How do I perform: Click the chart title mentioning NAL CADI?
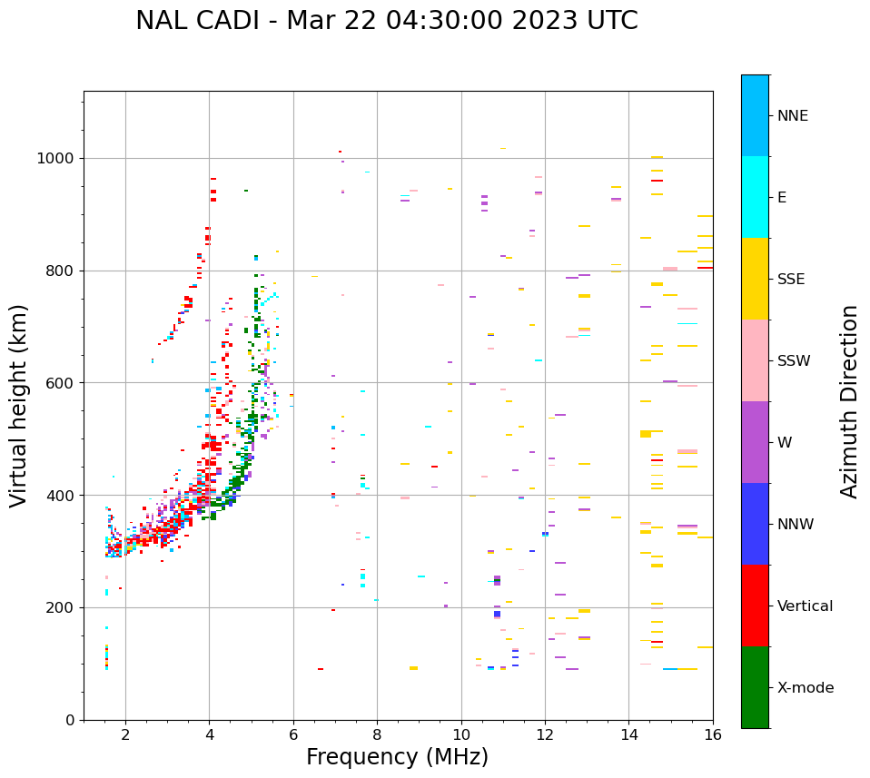point(386,21)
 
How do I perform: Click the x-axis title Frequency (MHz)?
point(397,757)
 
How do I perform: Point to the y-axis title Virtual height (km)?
point(19,406)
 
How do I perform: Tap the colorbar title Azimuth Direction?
point(849,401)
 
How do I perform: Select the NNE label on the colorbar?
point(792,116)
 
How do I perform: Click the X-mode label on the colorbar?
point(805,688)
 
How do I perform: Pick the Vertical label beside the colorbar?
point(805,606)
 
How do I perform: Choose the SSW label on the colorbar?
point(793,361)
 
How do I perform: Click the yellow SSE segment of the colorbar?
point(755,279)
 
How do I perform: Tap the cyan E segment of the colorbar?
point(755,197)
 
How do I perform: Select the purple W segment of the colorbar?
point(755,442)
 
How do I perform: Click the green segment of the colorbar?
point(755,687)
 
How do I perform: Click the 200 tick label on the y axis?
point(64,608)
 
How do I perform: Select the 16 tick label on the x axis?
point(713,734)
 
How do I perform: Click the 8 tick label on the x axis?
point(377,734)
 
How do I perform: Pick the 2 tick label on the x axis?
point(125,734)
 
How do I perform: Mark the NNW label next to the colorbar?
point(796,525)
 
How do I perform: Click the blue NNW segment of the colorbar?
point(755,524)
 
